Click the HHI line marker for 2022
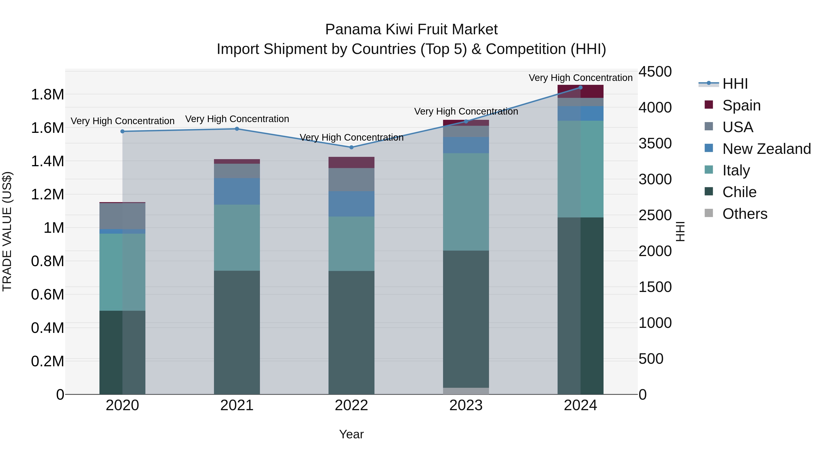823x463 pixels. pyautogui.click(x=351, y=147)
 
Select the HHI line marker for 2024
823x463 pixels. pyautogui.click(x=580, y=88)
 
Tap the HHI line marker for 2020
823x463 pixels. pyautogui.click(x=122, y=131)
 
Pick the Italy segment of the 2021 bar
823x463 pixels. pyautogui.click(x=237, y=238)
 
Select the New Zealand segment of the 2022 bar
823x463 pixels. pyautogui.click(x=351, y=204)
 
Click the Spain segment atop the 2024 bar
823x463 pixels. pyautogui.click(x=580, y=91)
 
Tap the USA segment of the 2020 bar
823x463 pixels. pyautogui.click(x=122, y=216)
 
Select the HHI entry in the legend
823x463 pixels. pyautogui.click(x=735, y=84)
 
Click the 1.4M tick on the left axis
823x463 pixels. pyautogui.click(x=47, y=161)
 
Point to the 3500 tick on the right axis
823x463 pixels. pyautogui.click(x=655, y=143)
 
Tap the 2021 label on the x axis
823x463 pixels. pyautogui.click(x=237, y=405)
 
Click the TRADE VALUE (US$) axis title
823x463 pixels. pyautogui.click(x=7, y=231)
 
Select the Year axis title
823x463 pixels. pyautogui.click(x=351, y=434)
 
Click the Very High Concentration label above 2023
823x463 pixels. pyautogui.click(x=466, y=112)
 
